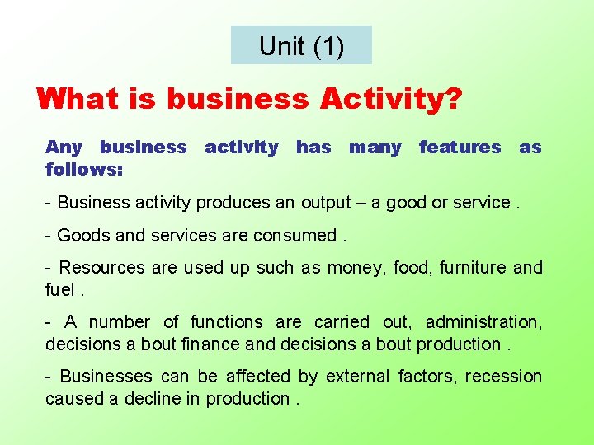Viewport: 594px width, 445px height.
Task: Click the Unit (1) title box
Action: (x=301, y=45)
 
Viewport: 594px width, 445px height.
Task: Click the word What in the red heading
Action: (x=78, y=100)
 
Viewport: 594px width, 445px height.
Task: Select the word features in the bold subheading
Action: (x=460, y=148)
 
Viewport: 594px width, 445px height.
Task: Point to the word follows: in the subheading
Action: (x=84, y=169)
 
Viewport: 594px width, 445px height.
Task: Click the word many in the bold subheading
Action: (x=375, y=148)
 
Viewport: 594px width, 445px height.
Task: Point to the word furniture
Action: (x=474, y=268)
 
